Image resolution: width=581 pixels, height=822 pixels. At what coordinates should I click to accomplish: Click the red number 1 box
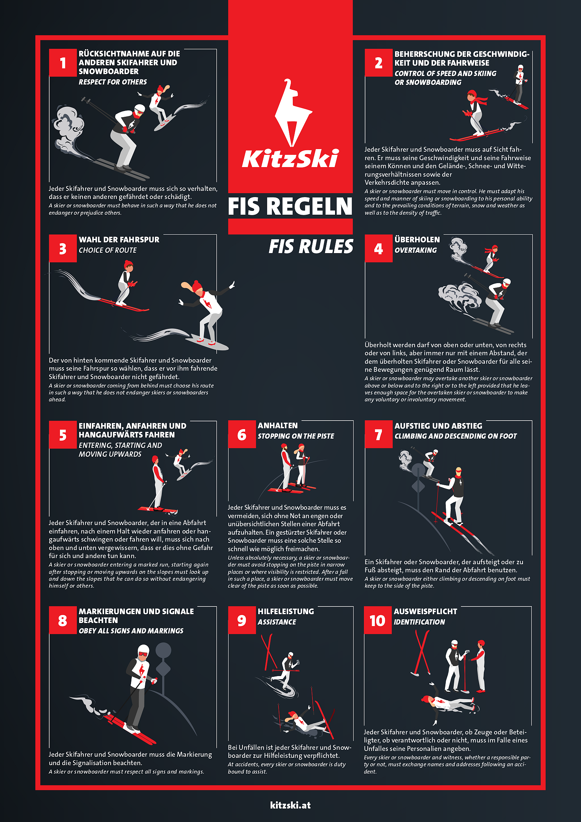pos(63,63)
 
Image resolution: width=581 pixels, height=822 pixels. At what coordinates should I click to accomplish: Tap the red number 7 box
pos(378,434)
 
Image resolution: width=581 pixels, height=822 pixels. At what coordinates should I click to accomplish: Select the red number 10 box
pos(378,620)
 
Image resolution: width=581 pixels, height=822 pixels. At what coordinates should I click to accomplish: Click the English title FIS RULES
pos(311,247)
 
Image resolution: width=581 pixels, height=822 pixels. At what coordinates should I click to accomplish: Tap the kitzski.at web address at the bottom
pos(290,805)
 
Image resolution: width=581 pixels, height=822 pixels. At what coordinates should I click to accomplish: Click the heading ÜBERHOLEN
pos(417,240)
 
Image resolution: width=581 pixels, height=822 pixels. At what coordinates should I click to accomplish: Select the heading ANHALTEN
pos(277,426)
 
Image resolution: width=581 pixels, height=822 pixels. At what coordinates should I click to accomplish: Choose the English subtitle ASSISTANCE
pos(277,622)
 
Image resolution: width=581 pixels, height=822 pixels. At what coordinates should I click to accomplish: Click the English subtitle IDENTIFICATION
pos(419,622)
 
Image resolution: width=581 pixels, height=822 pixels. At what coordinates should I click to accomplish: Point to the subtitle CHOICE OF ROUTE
pos(108,250)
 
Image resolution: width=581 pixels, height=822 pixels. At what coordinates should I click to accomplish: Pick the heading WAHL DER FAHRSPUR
pos(119,240)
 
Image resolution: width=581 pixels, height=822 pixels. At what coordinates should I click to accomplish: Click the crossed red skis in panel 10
pos(422,653)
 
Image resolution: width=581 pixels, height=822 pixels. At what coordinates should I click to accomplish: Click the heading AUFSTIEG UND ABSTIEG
pos(438,426)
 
